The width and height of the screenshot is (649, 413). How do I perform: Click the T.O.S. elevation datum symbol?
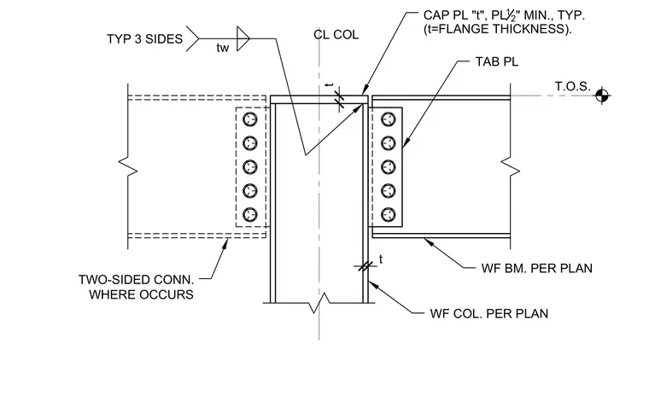point(602,96)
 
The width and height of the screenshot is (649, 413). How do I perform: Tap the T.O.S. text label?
point(572,86)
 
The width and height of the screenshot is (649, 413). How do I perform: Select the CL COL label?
point(336,35)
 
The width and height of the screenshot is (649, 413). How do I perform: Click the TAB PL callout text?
point(497,61)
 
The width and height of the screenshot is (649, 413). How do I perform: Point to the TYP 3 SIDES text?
point(144,39)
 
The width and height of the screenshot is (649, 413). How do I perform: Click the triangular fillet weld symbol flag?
point(243,38)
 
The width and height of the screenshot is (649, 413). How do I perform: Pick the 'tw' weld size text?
point(223,48)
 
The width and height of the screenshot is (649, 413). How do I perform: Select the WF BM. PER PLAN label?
point(537,268)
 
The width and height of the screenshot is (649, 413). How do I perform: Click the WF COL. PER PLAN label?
point(489,313)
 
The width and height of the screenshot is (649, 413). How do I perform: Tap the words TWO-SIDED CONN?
point(136,280)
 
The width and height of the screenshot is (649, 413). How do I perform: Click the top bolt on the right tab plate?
point(388,119)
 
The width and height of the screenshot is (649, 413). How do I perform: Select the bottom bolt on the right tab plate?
point(388,214)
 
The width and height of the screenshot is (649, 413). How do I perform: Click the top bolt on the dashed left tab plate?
point(249,119)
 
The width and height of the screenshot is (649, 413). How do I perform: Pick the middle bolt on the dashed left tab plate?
point(249,167)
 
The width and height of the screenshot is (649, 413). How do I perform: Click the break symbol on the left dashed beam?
point(128,166)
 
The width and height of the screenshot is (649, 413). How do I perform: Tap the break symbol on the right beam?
point(511,166)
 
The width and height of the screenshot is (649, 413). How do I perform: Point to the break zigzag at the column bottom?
point(319,303)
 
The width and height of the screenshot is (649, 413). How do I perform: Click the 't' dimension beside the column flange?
point(381,259)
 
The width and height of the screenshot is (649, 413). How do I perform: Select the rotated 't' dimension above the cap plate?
point(330,85)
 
